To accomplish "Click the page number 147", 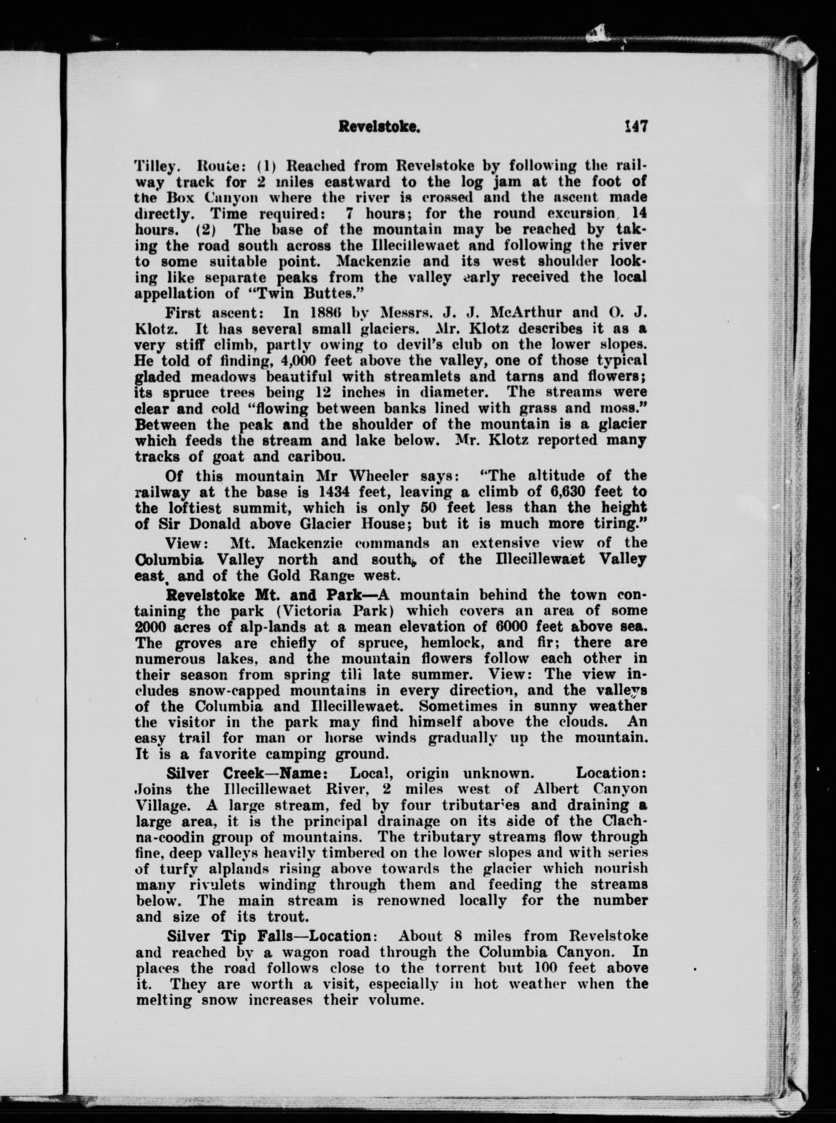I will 635,126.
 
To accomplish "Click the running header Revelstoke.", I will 380,127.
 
